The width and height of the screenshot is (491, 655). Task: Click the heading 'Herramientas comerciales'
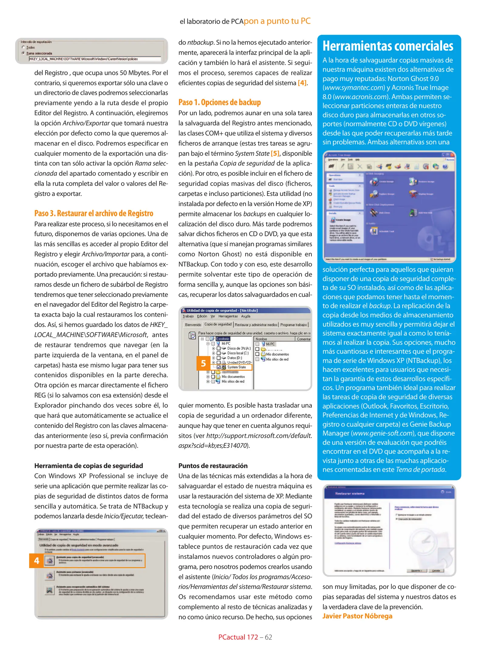(388, 46)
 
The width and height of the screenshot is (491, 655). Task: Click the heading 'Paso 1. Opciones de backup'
(219, 102)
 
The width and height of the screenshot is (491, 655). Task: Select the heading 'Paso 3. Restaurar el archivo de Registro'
(93, 213)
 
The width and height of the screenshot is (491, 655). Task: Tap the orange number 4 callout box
(36, 561)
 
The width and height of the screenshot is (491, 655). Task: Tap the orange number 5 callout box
(203, 363)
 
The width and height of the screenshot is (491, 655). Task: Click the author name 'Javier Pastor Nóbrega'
(357, 616)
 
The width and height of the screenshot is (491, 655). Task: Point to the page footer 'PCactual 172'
(238, 637)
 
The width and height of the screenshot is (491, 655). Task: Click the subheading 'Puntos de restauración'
(213, 466)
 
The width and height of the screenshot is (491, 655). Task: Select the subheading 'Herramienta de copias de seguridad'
(88, 466)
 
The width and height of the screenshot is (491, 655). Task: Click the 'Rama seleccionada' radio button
(24, 53)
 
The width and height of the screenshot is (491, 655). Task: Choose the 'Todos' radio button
(24, 47)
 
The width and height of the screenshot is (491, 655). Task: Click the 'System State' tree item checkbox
(219, 367)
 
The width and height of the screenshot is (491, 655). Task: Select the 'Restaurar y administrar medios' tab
(256, 325)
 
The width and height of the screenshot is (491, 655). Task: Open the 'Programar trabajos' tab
(293, 325)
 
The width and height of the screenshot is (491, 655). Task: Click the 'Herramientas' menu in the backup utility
(228, 316)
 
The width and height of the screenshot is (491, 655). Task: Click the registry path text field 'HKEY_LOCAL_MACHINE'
(95, 59)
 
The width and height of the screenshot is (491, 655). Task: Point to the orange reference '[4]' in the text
(302, 83)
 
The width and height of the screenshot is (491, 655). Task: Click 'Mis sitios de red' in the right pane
(277, 359)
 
